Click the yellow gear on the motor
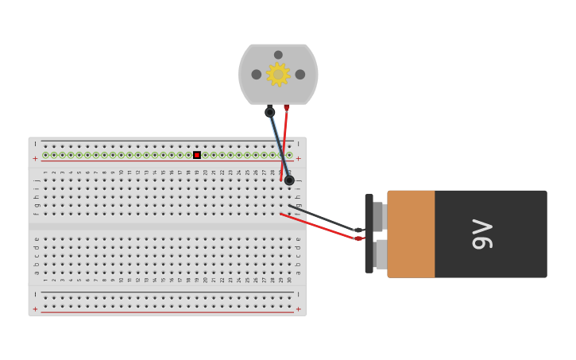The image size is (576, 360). tap(278, 74)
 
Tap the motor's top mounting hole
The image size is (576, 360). tap(278, 55)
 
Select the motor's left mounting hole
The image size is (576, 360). tap(257, 75)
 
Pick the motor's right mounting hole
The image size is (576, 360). tap(300, 75)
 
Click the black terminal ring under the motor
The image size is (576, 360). tap(270, 112)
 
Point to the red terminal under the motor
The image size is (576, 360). tap(287, 107)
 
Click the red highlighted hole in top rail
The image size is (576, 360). tap(197, 155)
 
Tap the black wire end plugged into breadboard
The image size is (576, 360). tap(289, 180)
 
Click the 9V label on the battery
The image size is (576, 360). tap(483, 234)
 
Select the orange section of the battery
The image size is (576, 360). tap(411, 234)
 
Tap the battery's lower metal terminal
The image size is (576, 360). tap(381, 254)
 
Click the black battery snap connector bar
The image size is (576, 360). tap(369, 234)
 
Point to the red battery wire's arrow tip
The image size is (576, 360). tap(358, 238)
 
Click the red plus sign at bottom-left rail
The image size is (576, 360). tap(35, 309)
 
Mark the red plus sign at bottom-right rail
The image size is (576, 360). tap(299, 309)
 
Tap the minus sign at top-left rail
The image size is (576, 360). tap(35, 144)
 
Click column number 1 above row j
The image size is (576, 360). tap(45, 172)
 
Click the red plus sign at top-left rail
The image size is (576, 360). tap(35, 158)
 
